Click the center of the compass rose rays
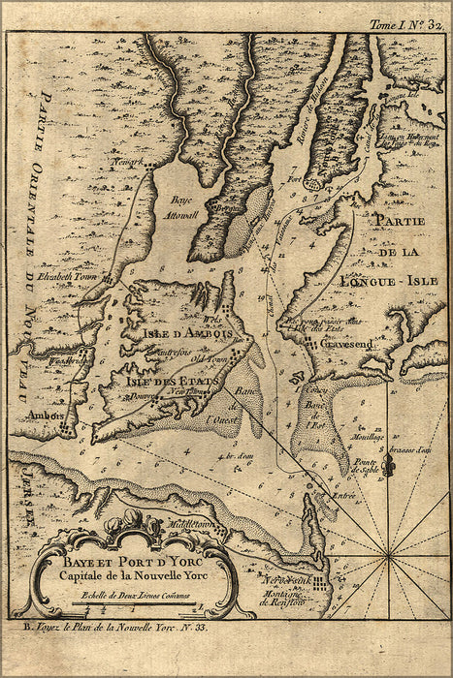tap(389, 556)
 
